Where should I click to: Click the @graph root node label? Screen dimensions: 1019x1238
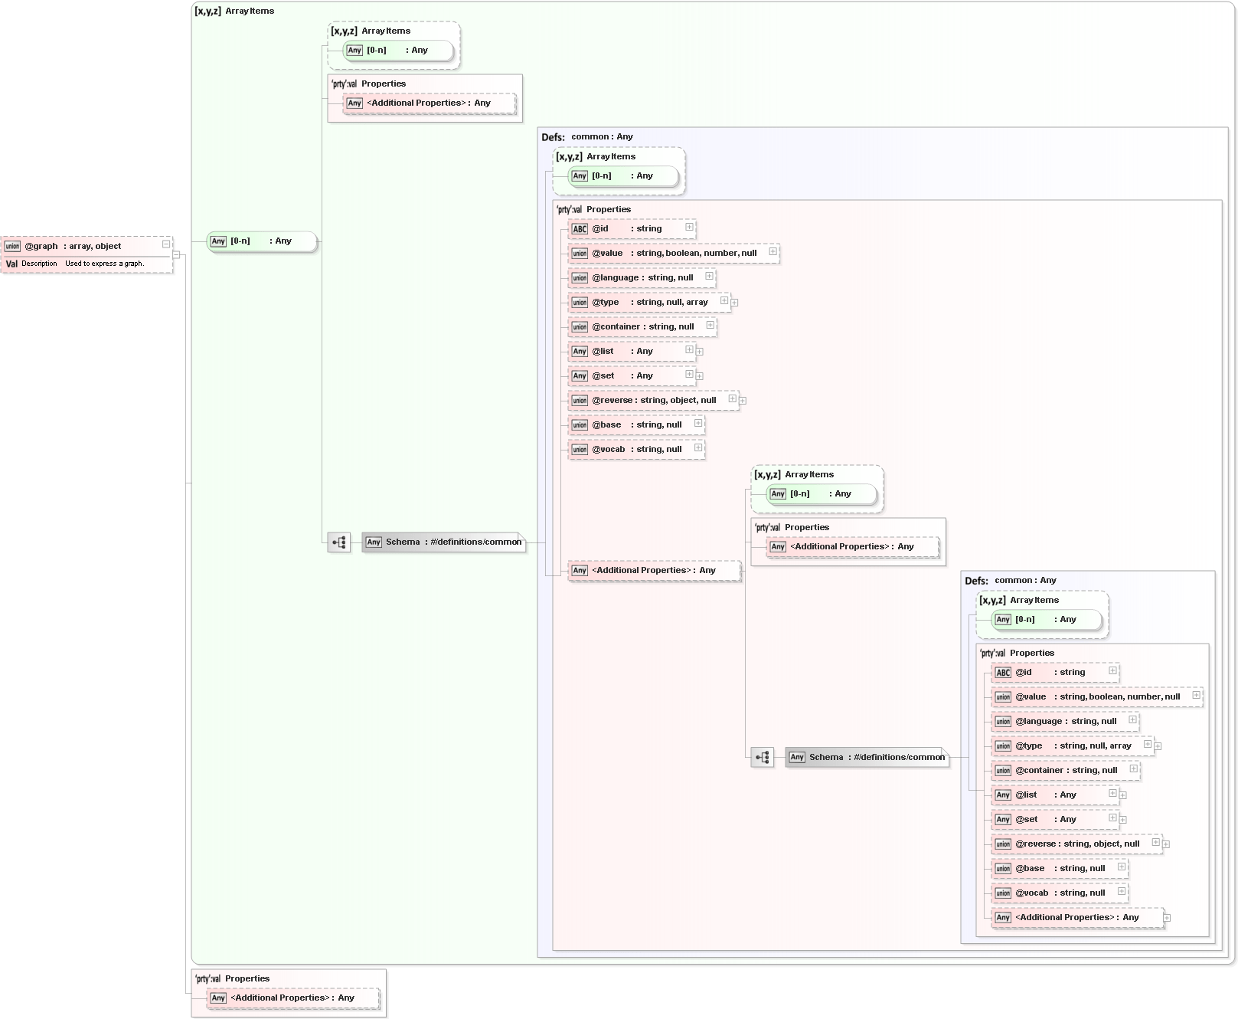(x=41, y=246)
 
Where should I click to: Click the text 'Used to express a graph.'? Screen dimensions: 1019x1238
(x=104, y=264)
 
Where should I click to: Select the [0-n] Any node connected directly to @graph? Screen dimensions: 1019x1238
(x=260, y=241)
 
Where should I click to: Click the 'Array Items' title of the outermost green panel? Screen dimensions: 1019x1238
(x=250, y=11)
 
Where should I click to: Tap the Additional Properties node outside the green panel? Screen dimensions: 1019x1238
(x=292, y=998)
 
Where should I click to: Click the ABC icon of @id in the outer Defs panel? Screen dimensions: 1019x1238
(x=580, y=229)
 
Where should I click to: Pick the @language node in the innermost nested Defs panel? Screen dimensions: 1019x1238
(x=1064, y=722)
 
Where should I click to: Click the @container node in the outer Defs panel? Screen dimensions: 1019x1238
(x=642, y=327)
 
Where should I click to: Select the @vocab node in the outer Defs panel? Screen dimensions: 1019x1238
(x=635, y=450)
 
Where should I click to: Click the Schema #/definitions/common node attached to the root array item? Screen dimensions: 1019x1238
(x=444, y=542)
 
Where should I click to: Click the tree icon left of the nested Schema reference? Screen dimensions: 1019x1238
(x=762, y=758)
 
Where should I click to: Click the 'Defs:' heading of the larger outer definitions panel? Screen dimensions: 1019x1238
(x=553, y=138)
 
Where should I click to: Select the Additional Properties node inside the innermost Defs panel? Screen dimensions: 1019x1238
(x=1076, y=918)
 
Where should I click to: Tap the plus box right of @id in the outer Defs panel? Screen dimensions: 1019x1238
(x=689, y=227)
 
